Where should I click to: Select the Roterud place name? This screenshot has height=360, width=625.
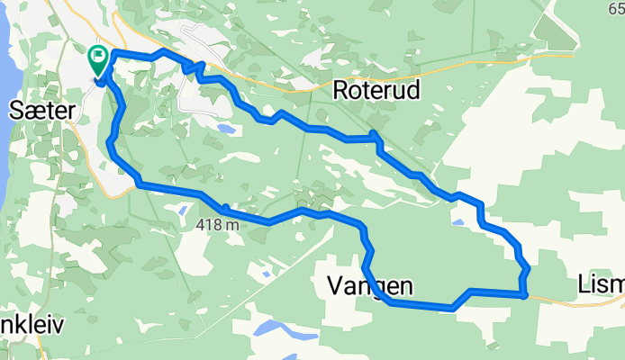tap(376, 90)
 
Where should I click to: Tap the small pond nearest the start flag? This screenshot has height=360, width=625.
tap(226, 130)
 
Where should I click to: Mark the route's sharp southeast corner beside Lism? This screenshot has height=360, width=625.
tap(523, 293)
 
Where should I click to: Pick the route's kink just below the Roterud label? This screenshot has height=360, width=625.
tap(375, 137)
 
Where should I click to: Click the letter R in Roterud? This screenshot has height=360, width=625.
tap(340, 90)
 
